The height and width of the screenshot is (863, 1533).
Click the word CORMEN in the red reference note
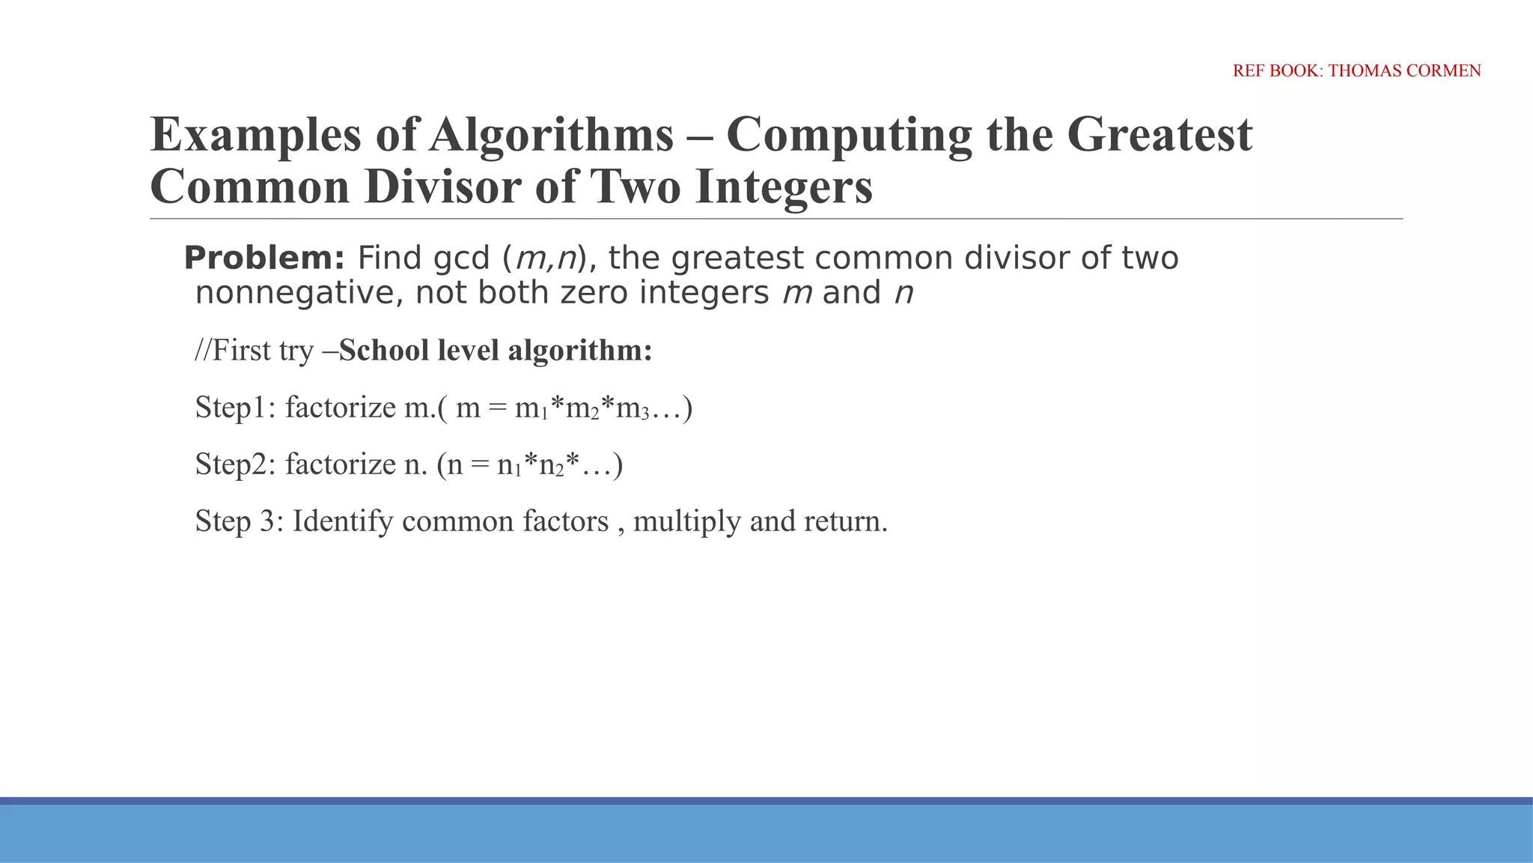click(1444, 71)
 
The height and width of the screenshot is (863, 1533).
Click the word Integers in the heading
click(783, 187)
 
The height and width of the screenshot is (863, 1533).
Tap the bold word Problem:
click(264, 258)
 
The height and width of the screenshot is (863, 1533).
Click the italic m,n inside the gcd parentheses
click(545, 258)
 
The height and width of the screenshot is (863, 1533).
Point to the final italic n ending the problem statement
click(903, 293)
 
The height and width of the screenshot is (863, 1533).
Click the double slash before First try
click(202, 351)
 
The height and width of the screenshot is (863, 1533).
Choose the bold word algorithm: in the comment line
click(580, 351)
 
